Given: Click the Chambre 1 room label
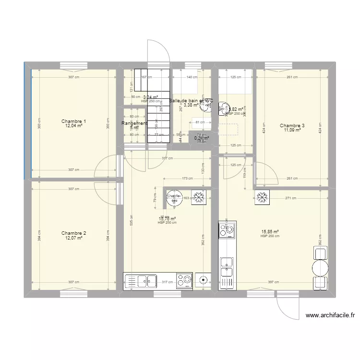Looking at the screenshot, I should (x=74, y=121).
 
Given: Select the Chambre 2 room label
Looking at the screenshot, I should (x=74, y=233).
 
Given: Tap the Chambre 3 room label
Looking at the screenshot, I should (x=292, y=126).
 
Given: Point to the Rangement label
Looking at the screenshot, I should (x=134, y=123).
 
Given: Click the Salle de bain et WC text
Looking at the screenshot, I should (x=191, y=101).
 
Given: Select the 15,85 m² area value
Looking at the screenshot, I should (x=270, y=232).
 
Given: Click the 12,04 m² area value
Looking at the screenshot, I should (x=74, y=126).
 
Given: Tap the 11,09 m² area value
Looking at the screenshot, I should (x=292, y=130).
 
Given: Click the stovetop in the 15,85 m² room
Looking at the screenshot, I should (x=227, y=230).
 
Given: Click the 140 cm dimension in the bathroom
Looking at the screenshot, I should (x=192, y=77).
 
